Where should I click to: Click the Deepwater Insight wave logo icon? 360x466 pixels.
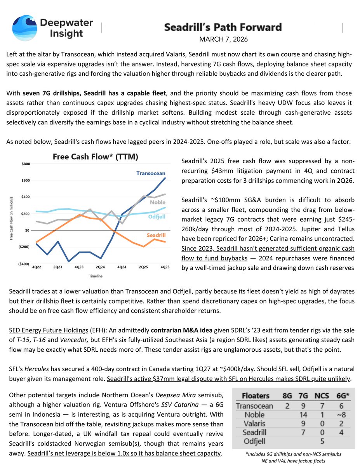click(25, 28)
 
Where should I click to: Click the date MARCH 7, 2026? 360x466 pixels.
click(223, 39)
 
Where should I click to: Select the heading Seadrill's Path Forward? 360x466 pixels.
click(223, 27)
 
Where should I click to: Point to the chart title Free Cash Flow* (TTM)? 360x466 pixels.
click(96, 157)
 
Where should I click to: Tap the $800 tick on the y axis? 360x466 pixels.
click(24, 164)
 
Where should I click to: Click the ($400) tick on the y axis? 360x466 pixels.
click(24, 264)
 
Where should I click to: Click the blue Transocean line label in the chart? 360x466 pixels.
click(151, 173)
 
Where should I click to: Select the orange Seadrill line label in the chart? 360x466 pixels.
click(156, 235)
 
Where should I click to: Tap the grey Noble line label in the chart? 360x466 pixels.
click(157, 202)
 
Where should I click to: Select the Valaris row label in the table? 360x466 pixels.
click(254, 424)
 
